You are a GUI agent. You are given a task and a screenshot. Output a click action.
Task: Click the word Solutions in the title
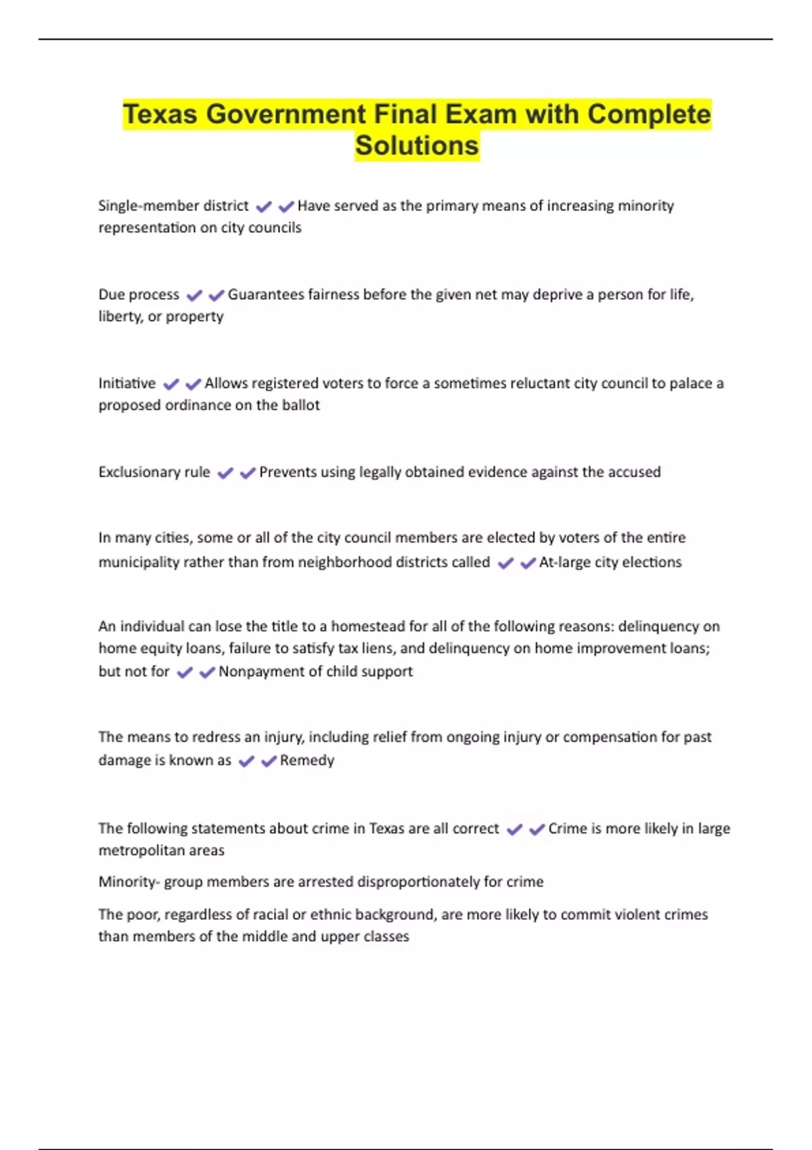pos(417,145)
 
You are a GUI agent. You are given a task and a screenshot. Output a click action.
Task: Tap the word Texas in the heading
pos(160,114)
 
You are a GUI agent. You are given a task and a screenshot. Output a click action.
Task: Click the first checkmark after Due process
pos(194,296)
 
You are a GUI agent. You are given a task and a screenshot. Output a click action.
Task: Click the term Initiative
pos(127,384)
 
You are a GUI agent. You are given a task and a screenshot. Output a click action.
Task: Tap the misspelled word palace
pos(691,384)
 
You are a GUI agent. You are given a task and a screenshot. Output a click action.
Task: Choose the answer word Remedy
pos(307,760)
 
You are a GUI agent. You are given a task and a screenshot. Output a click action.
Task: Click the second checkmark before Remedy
pos(269,762)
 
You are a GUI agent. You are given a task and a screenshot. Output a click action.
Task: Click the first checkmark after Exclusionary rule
pos(225,474)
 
